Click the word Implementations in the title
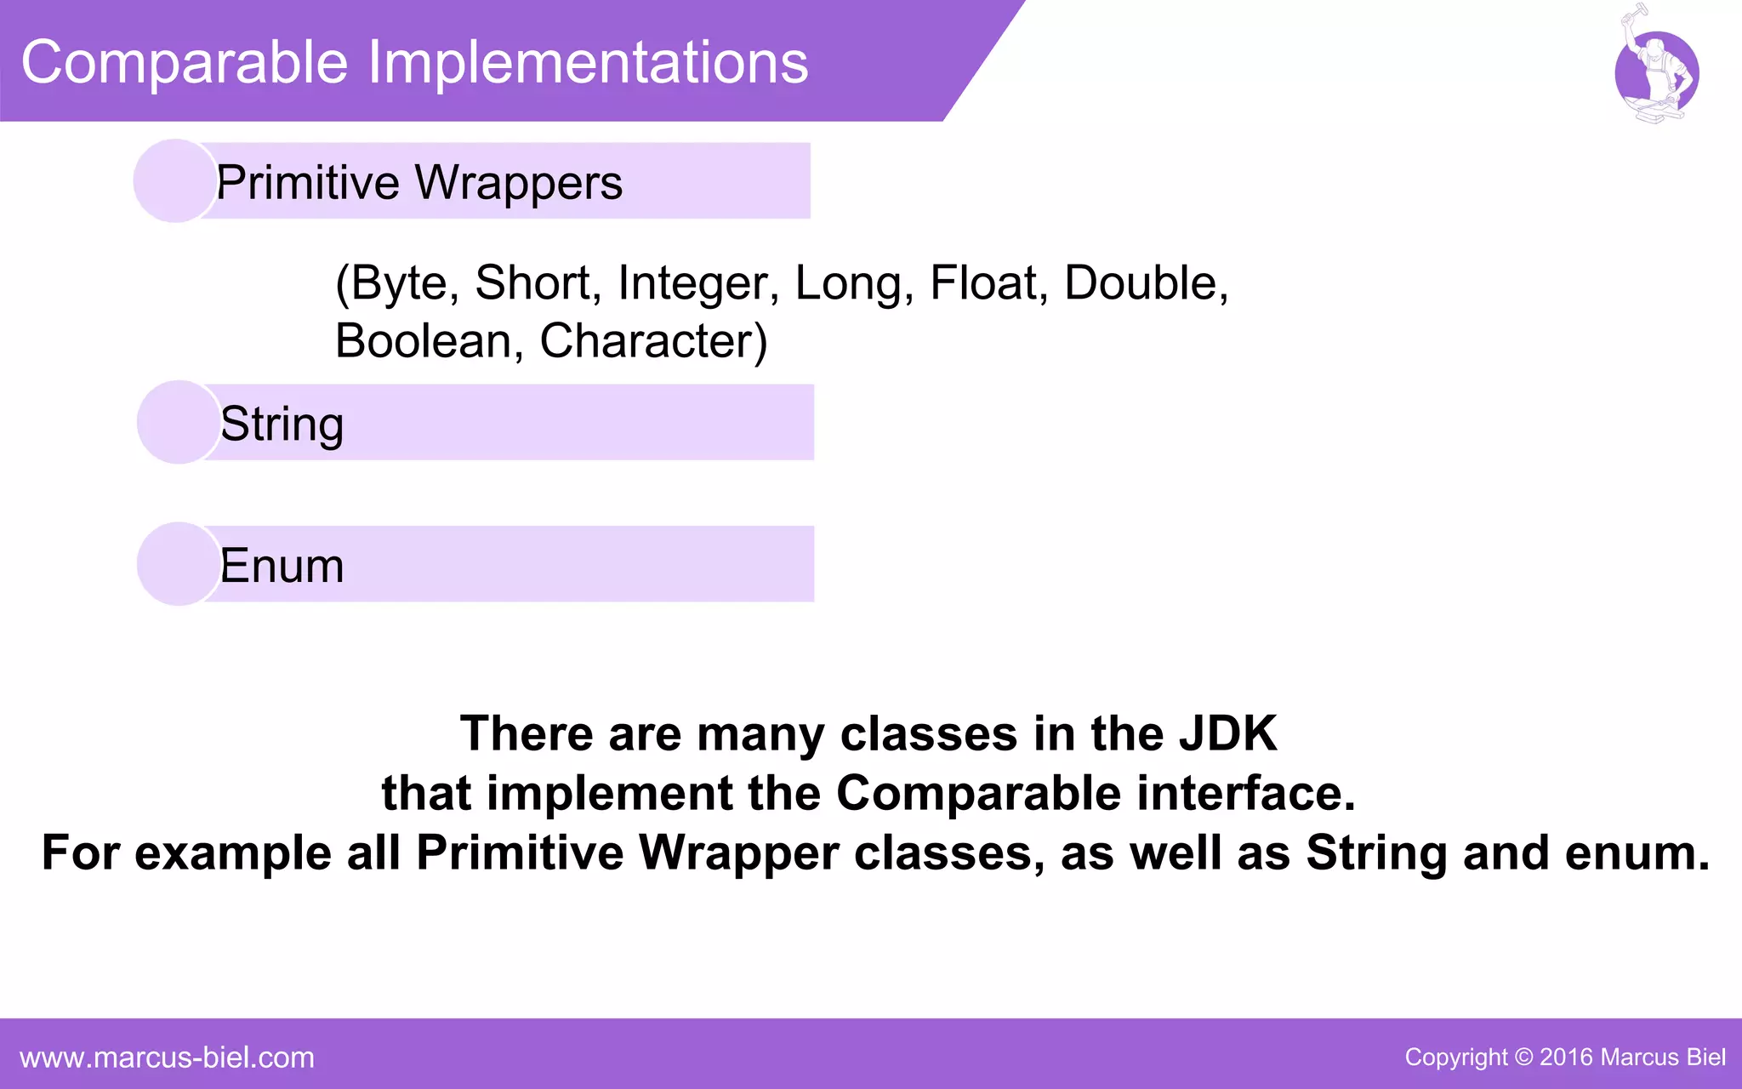(588, 63)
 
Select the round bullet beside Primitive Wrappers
(175, 181)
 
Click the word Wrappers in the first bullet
(519, 183)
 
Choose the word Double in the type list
(1145, 282)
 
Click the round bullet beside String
(179, 422)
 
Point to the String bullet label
(282, 425)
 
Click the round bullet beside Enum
(179, 564)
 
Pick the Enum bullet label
(282, 566)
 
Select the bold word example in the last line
(232, 852)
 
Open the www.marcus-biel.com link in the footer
(167, 1058)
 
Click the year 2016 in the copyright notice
(1565, 1058)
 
